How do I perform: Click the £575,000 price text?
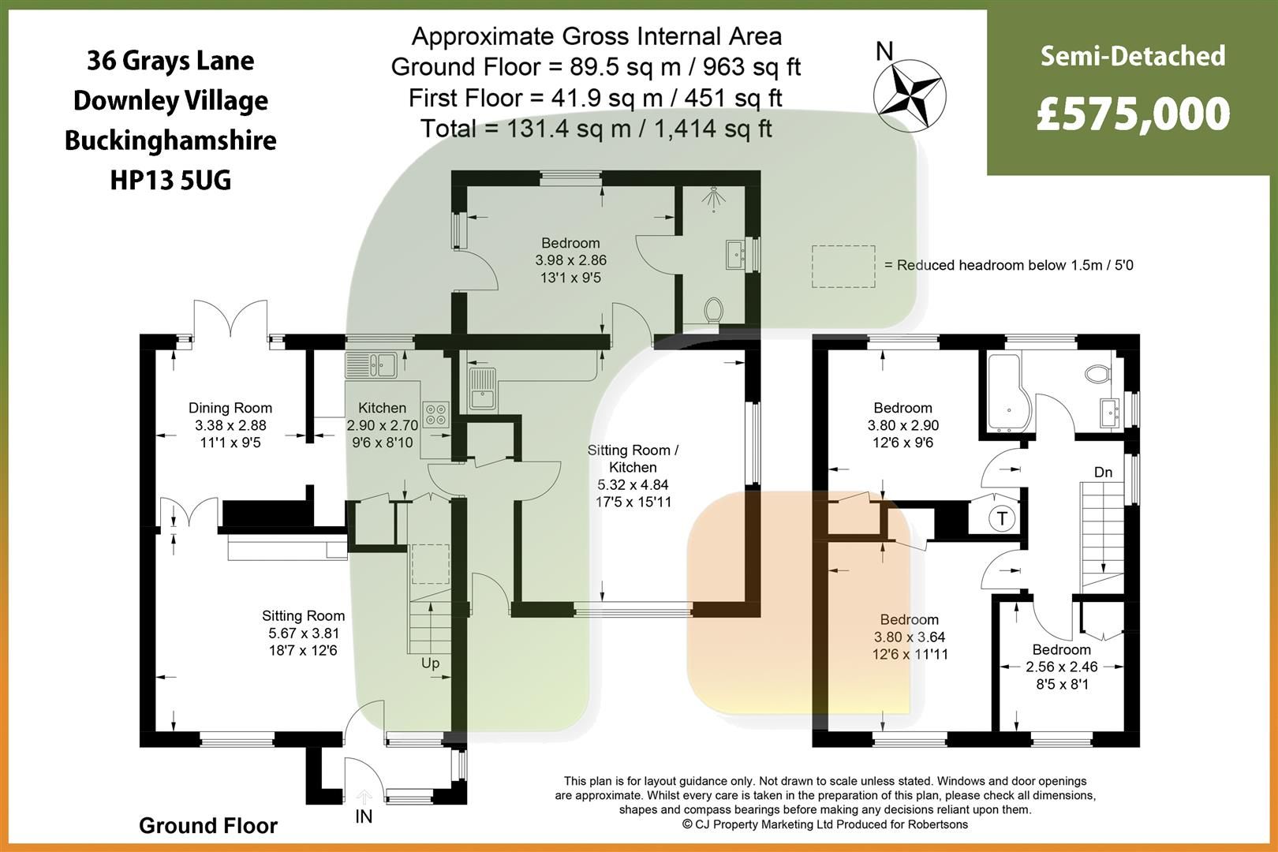[x=1133, y=114]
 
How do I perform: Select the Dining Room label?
[x=230, y=408]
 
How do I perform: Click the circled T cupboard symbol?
[x=1002, y=518]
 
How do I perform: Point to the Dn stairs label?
[x=1103, y=473]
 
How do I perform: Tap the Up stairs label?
[x=430, y=663]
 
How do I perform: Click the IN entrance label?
[x=364, y=816]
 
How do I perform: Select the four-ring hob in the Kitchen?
[x=435, y=414]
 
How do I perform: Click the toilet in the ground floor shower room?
[x=715, y=309]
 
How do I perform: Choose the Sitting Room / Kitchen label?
[x=633, y=458]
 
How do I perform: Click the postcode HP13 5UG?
[x=170, y=181]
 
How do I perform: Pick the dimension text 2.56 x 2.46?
[x=1061, y=667]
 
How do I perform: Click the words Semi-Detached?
[x=1133, y=57]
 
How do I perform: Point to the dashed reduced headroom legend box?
[x=843, y=266]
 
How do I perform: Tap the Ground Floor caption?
[x=208, y=826]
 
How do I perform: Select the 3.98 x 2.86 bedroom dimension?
[x=570, y=260]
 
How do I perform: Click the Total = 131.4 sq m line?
[x=596, y=129]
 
